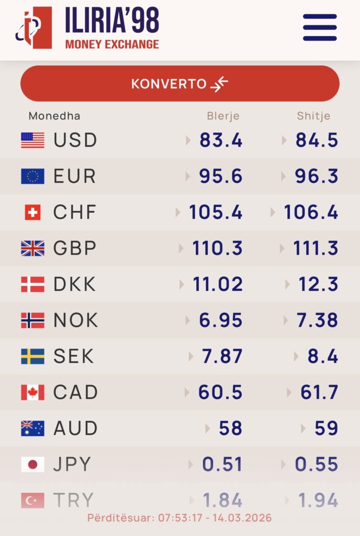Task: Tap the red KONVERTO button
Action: pyautogui.click(x=180, y=84)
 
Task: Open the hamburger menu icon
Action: pyautogui.click(x=320, y=27)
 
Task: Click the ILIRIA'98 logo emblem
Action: pyautogui.click(x=34, y=28)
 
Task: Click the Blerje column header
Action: pyautogui.click(x=223, y=116)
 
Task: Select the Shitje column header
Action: pyautogui.click(x=313, y=116)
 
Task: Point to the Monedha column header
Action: pyautogui.click(x=54, y=116)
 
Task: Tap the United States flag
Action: pyautogui.click(x=32, y=140)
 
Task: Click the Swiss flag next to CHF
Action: pyautogui.click(x=32, y=212)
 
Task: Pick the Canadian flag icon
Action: pyautogui.click(x=32, y=392)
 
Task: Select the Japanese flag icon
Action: pyautogui.click(x=32, y=464)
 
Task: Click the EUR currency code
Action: pyautogui.click(x=75, y=176)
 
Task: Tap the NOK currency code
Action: pyautogui.click(x=76, y=320)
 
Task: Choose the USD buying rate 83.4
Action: pyautogui.click(x=221, y=140)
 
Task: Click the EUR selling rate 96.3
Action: pyautogui.click(x=317, y=176)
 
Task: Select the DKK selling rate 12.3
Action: pyautogui.click(x=319, y=284)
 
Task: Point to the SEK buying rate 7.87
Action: pyautogui.click(x=222, y=356)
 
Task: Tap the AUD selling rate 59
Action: pyautogui.click(x=326, y=428)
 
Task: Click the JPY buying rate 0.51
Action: pyautogui.click(x=222, y=464)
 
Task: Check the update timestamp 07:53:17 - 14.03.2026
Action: pyautogui.click(x=179, y=518)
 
